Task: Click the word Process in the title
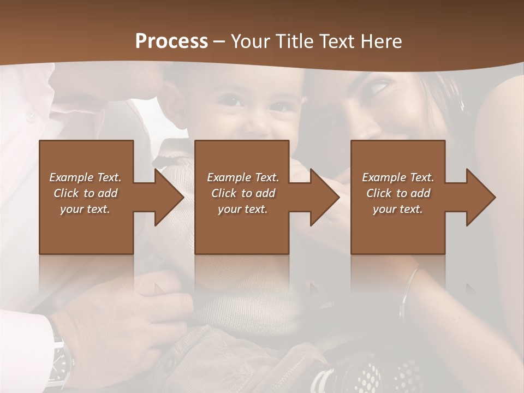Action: [171, 41]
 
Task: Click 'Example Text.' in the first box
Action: [86, 177]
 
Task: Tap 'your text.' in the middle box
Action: [242, 209]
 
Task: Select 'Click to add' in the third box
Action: [398, 193]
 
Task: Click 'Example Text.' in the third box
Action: [398, 177]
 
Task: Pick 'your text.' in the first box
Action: [86, 209]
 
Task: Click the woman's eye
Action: [380, 86]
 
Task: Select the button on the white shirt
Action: [30, 116]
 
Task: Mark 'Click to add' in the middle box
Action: [242, 193]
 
